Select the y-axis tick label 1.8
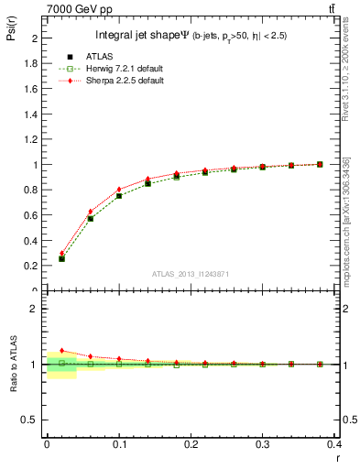pos(31,64)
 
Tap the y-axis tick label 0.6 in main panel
pos(31,215)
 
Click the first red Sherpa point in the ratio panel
pos(61,350)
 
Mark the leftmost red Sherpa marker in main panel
pos(61,254)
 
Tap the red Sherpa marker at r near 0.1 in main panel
pos(119,190)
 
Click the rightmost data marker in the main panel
pos(320,164)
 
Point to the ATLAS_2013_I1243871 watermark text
pos(190,275)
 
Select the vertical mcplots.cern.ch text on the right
pos(345,220)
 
